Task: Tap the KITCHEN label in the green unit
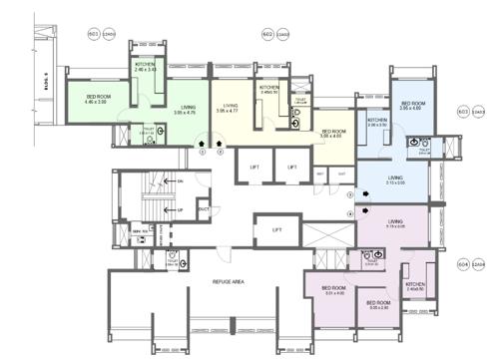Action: point(146,67)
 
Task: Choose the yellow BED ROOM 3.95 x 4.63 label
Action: point(333,134)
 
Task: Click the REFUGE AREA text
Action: point(230,283)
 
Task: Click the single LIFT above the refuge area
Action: point(276,231)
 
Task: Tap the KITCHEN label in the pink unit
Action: point(414,285)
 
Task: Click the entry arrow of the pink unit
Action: point(363,209)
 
